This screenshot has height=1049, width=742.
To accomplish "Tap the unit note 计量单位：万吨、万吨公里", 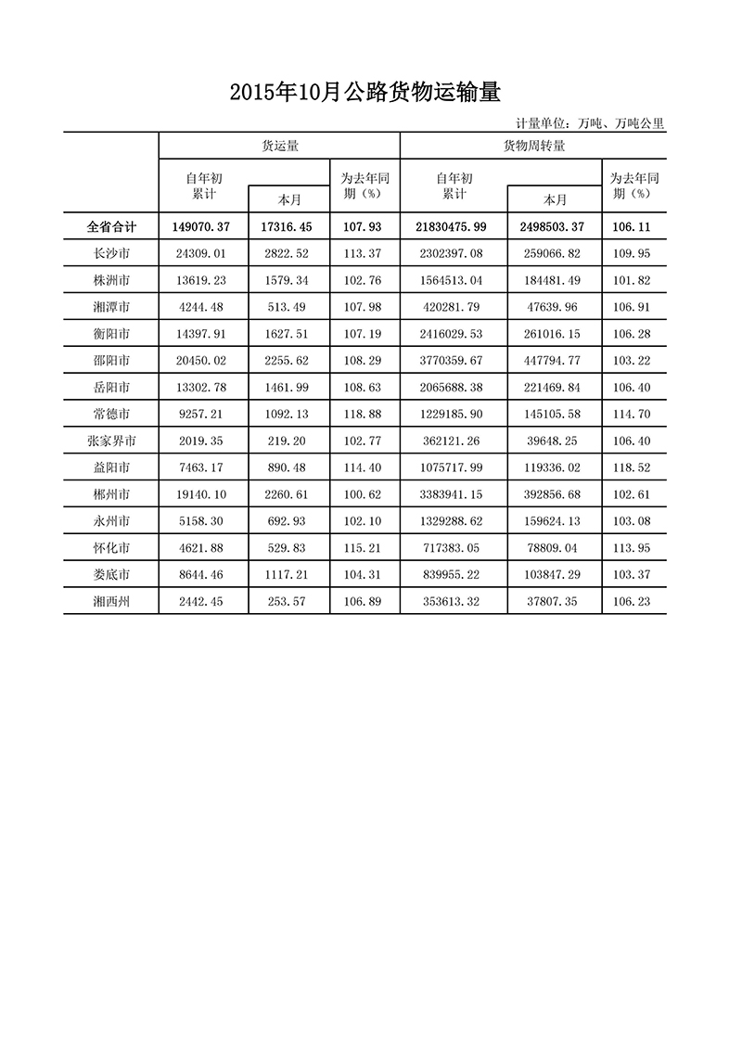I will click(x=590, y=123).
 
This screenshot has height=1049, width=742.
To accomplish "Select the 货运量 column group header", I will click(x=278, y=146).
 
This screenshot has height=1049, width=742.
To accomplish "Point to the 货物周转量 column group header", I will click(x=534, y=146).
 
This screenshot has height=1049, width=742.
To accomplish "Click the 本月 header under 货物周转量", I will click(x=555, y=199).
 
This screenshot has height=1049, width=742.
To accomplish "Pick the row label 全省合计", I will click(x=111, y=226).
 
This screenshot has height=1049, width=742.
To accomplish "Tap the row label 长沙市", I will click(x=111, y=253).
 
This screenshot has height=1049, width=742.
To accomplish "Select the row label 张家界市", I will click(x=111, y=441).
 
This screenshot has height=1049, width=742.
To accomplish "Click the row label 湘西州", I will click(x=111, y=601).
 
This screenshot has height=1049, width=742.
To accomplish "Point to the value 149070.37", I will click(x=201, y=226).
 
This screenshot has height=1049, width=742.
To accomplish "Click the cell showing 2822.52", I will click(x=288, y=253).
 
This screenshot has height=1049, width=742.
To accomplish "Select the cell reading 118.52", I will click(x=634, y=467).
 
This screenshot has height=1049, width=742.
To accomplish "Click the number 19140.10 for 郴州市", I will click(x=201, y=494).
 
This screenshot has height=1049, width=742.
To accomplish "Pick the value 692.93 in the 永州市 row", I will click(x=288, y=521).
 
